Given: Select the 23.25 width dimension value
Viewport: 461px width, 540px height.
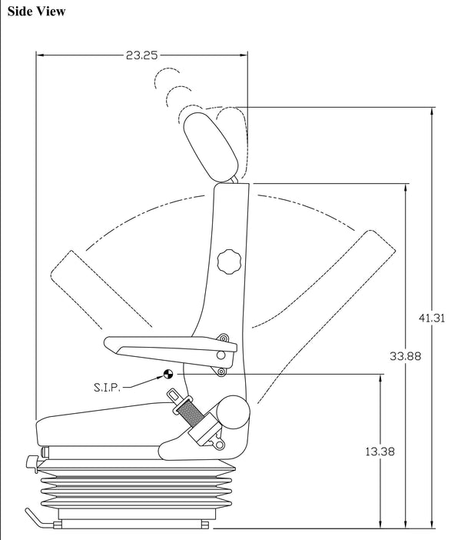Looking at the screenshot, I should tap(142, 55).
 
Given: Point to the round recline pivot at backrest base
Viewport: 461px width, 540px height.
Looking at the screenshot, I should tap(233, 415).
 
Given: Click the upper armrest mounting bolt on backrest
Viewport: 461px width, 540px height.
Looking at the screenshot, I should tap(223, 338).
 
